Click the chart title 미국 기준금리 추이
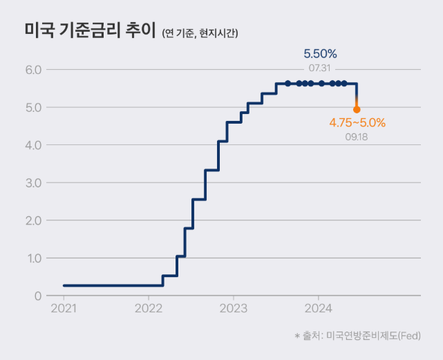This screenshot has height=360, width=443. click(x=88, y=31)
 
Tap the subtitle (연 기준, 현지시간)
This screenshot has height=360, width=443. click(x=200, y=33)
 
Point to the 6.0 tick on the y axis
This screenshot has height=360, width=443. click(x=33, y=70)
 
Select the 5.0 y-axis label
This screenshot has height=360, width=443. click(x=33, y=108)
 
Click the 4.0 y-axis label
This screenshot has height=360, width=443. click(x=33, y=145)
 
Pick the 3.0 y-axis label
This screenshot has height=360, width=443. click(x=33, y=183)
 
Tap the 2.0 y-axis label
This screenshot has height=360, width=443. click(x=33, y=220)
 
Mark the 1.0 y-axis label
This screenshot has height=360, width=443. click(x=33, y=258)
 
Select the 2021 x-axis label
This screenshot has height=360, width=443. click(x=64, y=308)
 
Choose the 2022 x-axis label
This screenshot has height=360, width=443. click(x=149, y=308)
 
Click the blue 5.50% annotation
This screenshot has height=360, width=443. click(x=320, y=53)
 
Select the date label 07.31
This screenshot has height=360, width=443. click(x=320, y=68)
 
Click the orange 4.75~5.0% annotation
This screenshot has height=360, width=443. click(x=357, y=123)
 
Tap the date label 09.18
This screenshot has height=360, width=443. click(x=357, y=137)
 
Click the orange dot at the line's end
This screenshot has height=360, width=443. click(x=357, y=109)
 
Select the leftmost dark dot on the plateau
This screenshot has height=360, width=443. click(x=288, y=84)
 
